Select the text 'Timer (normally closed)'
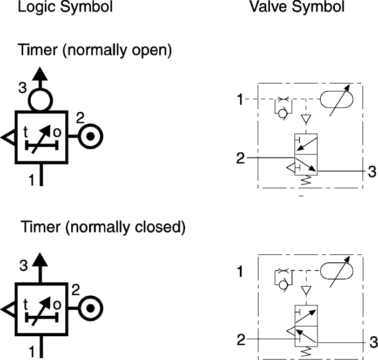coord(103,227)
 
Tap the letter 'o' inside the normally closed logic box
coord(57,304)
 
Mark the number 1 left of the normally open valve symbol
coord(240,99)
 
